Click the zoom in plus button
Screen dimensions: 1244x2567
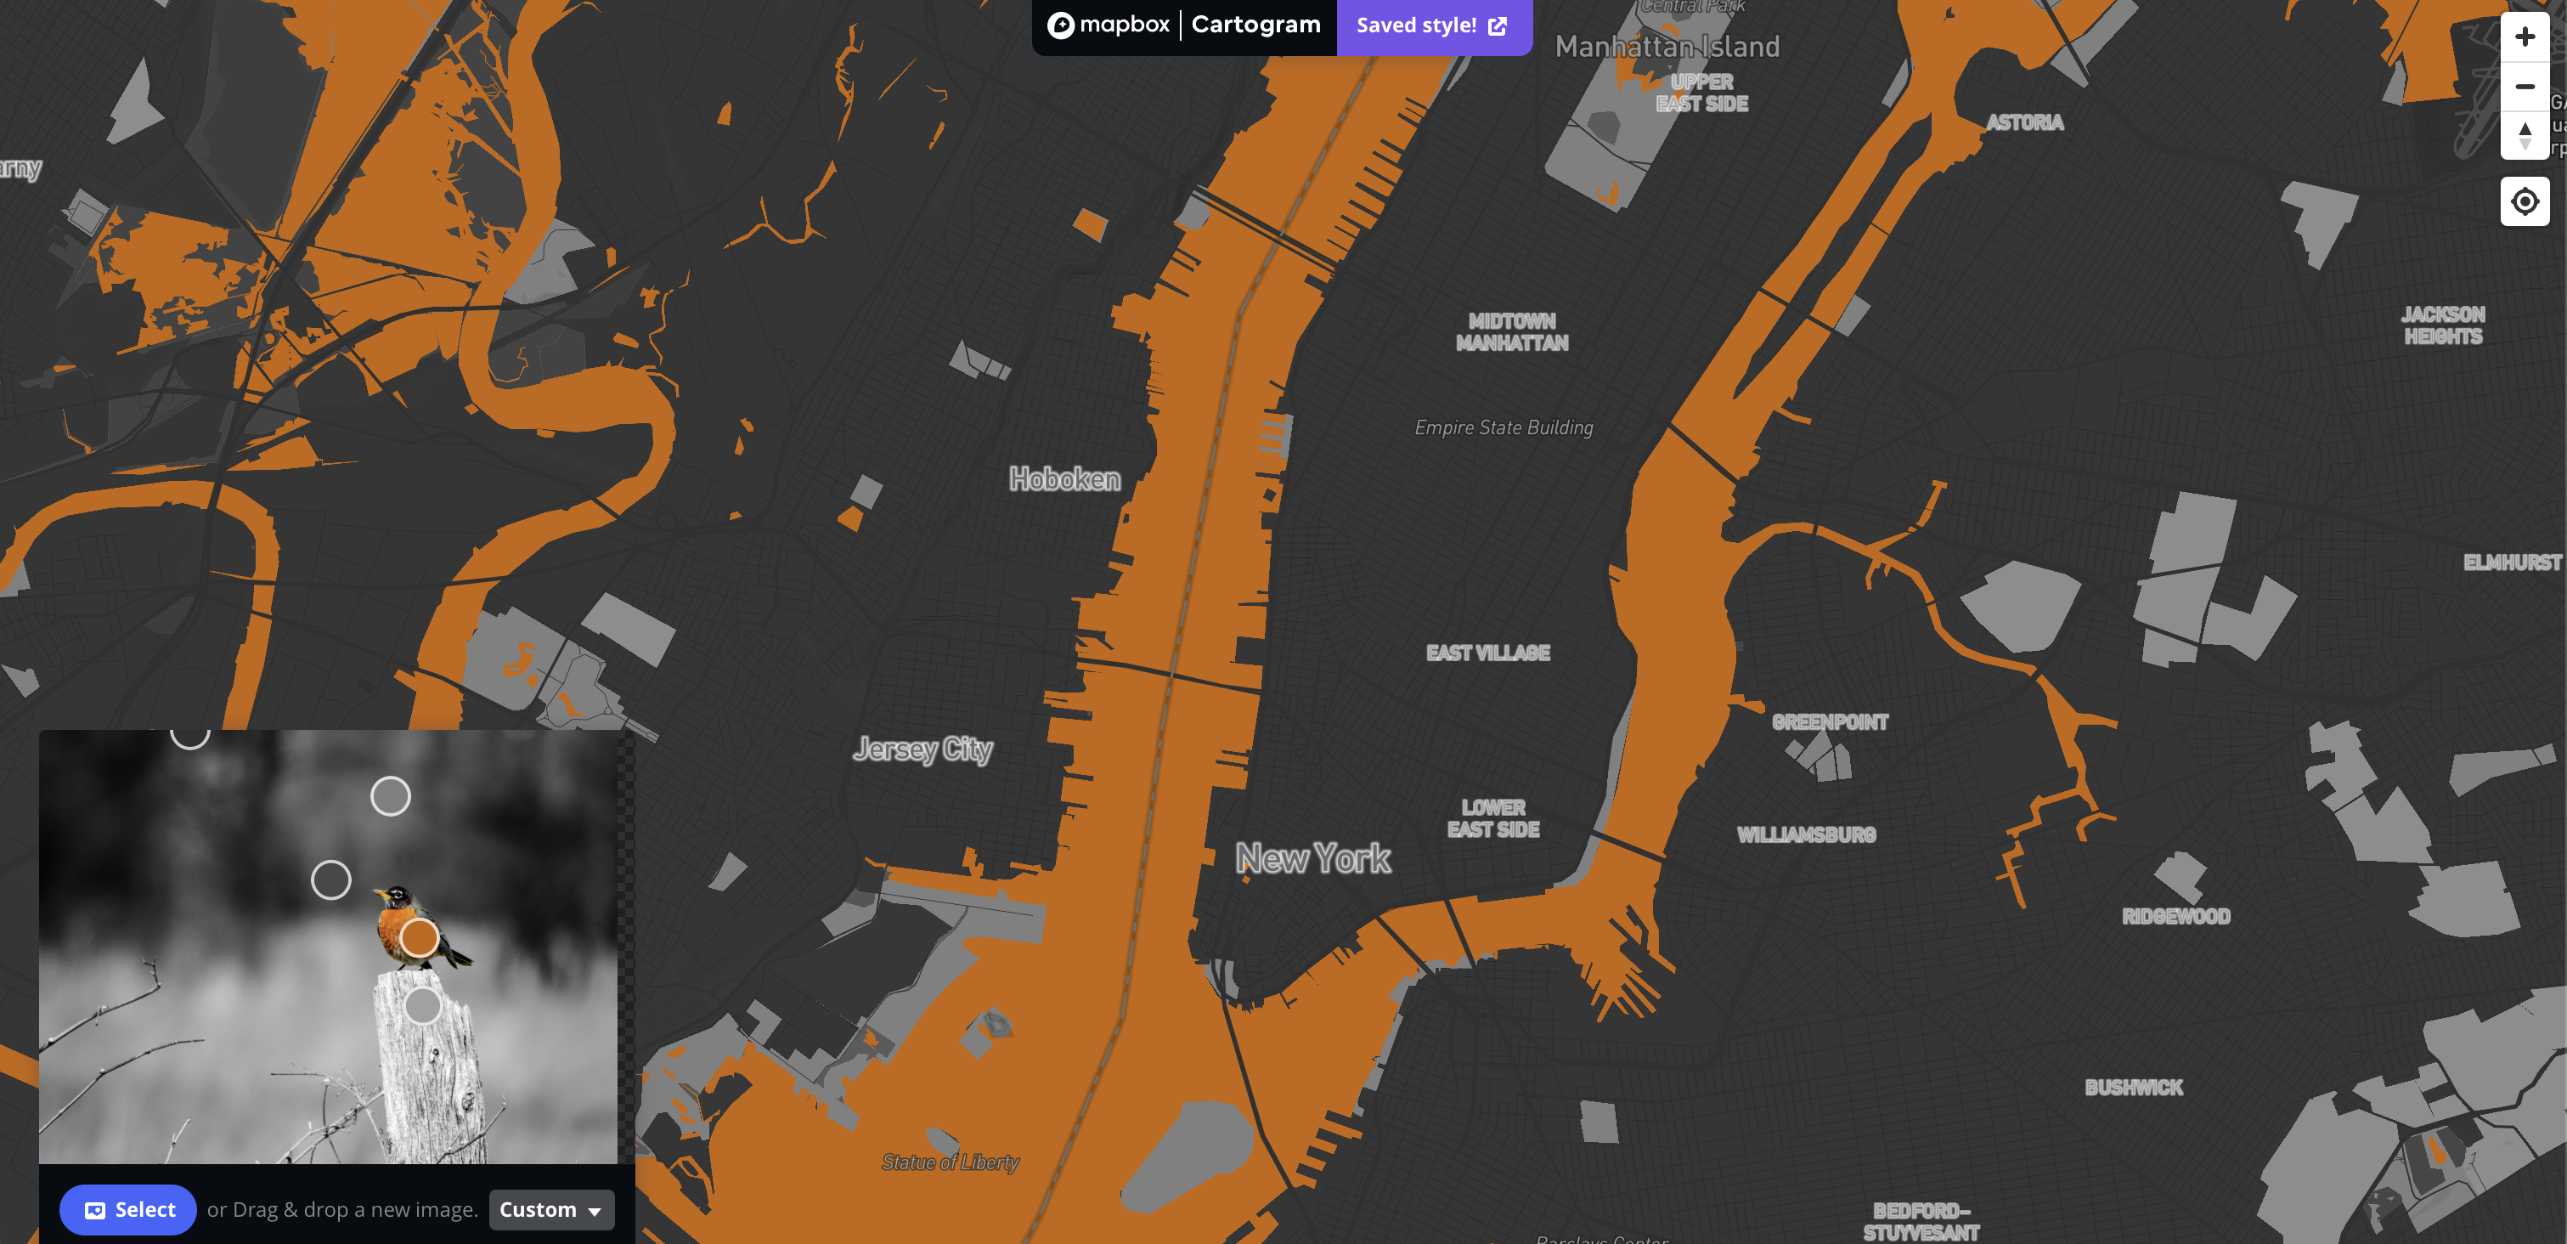2525,37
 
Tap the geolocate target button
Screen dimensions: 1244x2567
2525,201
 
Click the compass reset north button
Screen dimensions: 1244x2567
2525,134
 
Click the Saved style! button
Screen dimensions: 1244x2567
1432,25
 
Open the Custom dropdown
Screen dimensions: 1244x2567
551,1209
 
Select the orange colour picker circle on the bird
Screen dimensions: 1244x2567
420,937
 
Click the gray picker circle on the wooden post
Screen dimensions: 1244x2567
422,1004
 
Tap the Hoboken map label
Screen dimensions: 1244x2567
1064,479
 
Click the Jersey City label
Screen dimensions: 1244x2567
922,749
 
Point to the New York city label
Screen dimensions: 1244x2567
1312,858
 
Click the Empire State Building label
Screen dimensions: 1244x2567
1503,427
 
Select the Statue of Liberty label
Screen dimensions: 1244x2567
950,1162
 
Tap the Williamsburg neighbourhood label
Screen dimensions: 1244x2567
1806,834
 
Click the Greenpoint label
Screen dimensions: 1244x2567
1830,721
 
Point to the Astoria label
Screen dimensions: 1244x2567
2024,122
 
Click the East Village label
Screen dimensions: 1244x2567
1487,653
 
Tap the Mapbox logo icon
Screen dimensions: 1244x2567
1061,25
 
